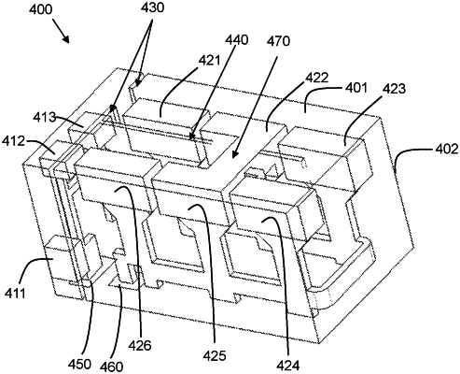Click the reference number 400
click(41, 10)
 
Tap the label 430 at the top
click(152, 7)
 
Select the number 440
click(237, 40)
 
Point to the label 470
click(278, 41)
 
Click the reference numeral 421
click(209, 61)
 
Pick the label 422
click(317, 78)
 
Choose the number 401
click(356, 88)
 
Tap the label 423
click(395, 89)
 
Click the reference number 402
click(447, 149)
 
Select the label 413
click(45, 118)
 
